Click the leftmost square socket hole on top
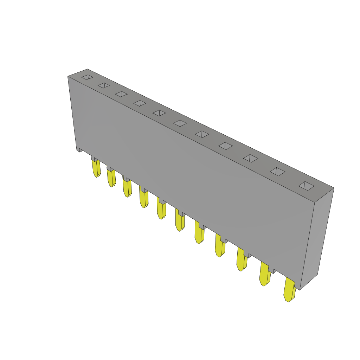(x=87, y=77)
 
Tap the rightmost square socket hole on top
(x=306, y=186)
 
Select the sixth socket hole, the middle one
(x=180, y=123)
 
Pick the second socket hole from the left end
(x=104, y=85)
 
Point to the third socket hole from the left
(x=121, y=94)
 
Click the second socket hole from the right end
(x=277, y=172)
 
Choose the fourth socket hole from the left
(x=140, y=103)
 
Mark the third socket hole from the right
(x=250, y=158)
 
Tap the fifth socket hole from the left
(x=159, y=113)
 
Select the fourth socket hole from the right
(x=225, y=146)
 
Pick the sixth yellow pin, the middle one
(x=180, y=220)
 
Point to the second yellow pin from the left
(x=111, y=178)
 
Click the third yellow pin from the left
(x=127, y=188)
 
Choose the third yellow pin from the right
(x=241, y=259)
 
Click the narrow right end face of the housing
(x=317, y=239)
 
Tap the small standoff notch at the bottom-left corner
(x=80, y=150)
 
